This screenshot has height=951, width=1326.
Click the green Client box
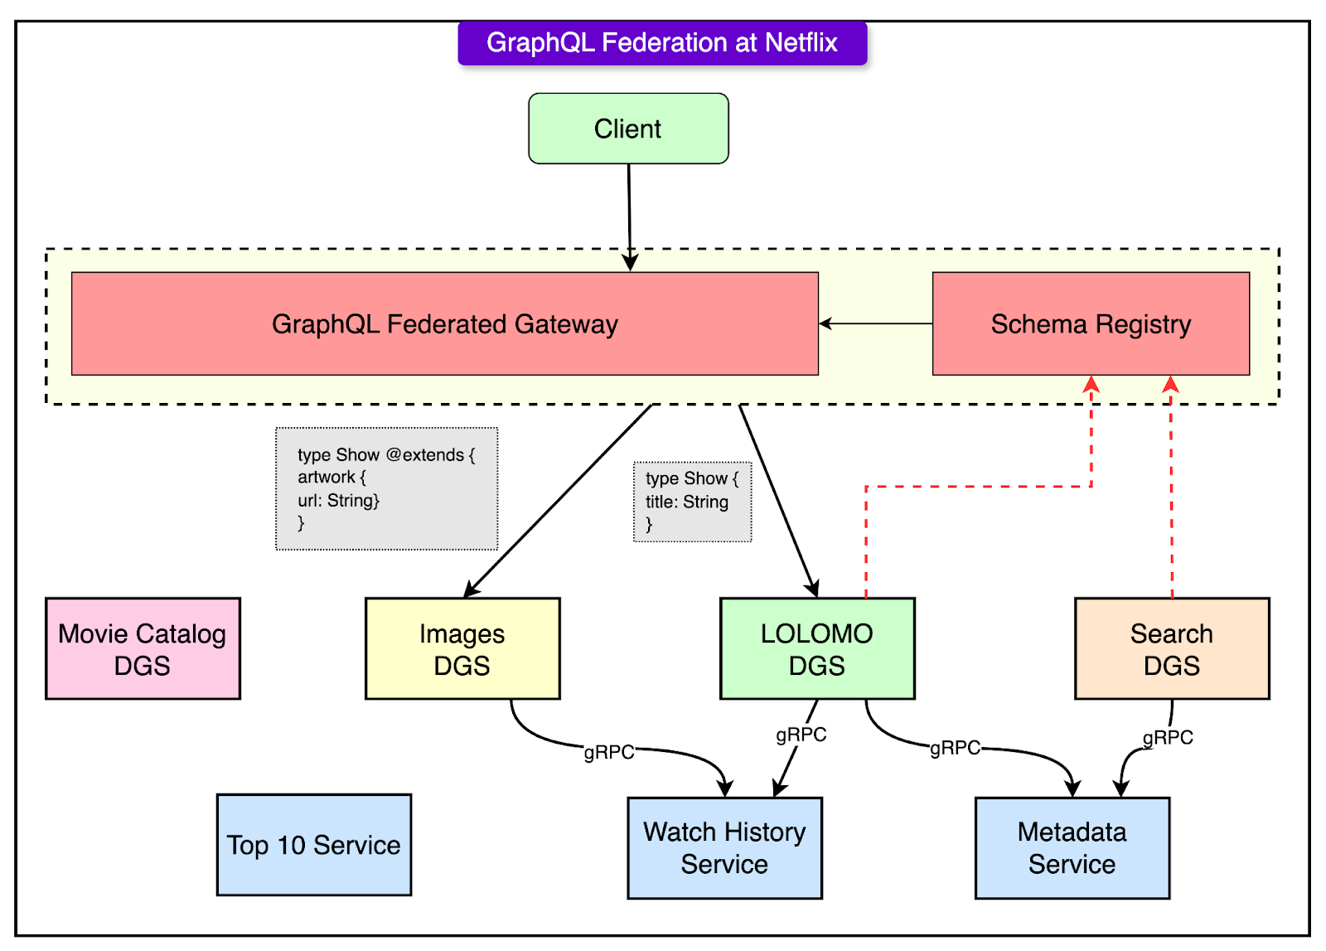tap(628, 129)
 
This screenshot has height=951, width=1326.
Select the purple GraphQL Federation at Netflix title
tap(661, 43)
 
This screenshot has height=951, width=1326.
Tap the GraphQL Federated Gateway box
tap(445, 324)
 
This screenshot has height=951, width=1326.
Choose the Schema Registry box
tap(1091, 324)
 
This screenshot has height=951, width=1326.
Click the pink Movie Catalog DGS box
tap(143, 649)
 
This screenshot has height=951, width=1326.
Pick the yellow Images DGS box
tap(462, 649)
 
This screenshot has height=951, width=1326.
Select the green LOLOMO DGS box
tap(817, 649)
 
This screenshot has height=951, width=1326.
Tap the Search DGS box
tap(1172, 649)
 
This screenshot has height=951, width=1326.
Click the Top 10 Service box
tap(314, 845)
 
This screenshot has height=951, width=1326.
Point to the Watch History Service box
tap(724, 848)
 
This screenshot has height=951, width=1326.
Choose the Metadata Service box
tap(1072, 848)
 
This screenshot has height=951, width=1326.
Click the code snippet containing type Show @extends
tap(386, 488)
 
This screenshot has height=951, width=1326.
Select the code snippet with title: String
tap(692, 502)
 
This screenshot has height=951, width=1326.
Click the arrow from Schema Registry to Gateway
tap(875, 323)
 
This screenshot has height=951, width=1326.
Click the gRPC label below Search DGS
tap(1168, 737)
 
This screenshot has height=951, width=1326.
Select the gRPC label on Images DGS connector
tap(609, 752)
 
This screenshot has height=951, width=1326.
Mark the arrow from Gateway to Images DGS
tap(557, 501)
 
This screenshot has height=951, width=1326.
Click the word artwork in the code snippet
tap(327, 478)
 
